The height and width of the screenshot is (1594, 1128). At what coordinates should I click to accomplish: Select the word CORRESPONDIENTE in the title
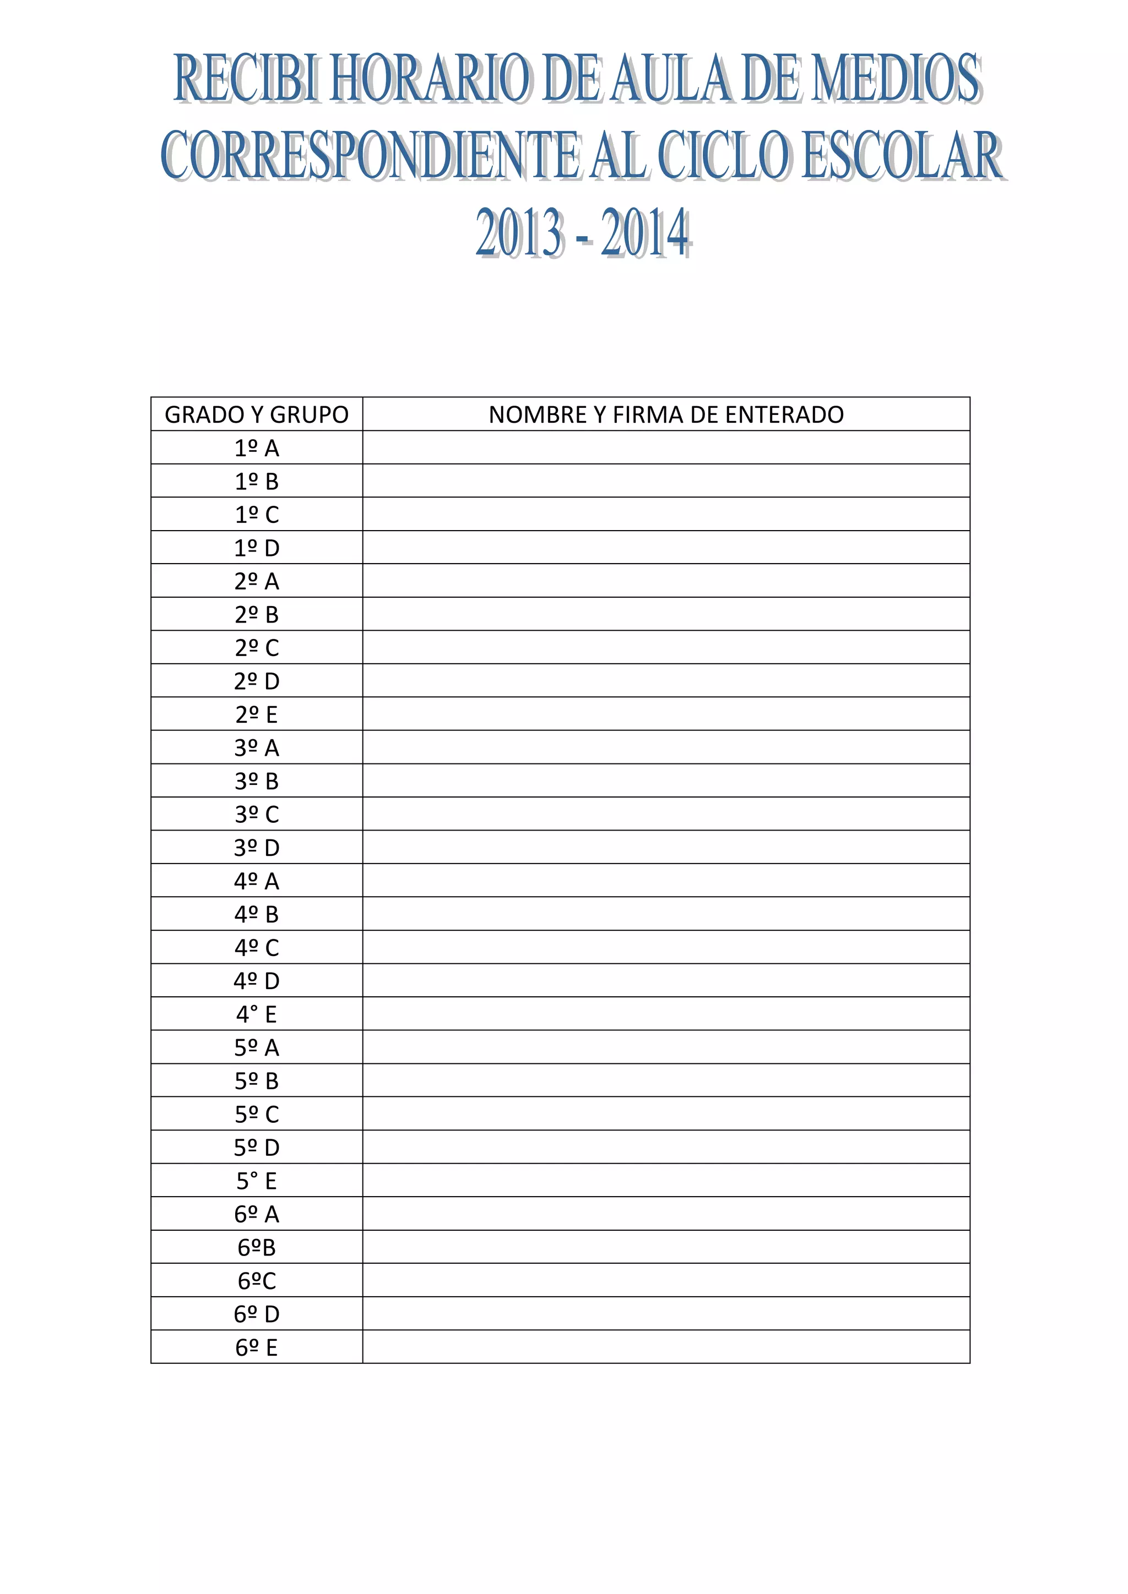point(370,156)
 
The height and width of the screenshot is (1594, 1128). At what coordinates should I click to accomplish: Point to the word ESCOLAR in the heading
point(902,156)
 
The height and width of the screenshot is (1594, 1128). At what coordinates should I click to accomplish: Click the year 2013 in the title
point(519,233)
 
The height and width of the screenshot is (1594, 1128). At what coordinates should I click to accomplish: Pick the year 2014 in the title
point(646,233)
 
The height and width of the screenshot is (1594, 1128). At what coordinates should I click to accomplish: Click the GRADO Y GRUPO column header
point(256,414)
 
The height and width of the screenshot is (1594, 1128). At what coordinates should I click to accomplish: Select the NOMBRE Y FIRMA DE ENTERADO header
point(666,414)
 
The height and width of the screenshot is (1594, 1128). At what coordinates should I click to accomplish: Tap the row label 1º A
point(256,448)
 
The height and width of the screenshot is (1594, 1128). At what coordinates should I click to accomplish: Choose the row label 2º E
point(256,714)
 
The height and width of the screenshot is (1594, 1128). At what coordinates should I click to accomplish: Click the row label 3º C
point(256,815)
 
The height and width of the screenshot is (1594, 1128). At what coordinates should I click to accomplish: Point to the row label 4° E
point(256,1014)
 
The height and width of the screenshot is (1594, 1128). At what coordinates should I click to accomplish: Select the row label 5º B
point(256,1081)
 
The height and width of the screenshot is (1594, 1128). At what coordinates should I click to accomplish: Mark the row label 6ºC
point(256,1281)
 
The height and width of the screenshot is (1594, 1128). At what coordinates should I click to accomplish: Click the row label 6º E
point(256,1347)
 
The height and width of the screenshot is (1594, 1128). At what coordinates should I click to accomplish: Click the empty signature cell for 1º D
point(666,548)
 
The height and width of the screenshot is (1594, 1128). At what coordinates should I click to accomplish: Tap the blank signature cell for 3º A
point(666,747)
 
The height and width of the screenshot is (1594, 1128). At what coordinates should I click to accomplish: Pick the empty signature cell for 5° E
point(666,1181)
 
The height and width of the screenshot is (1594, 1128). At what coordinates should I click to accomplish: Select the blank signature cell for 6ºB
point(666,1248)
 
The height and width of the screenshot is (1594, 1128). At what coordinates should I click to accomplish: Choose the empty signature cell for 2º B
point(666,614)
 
